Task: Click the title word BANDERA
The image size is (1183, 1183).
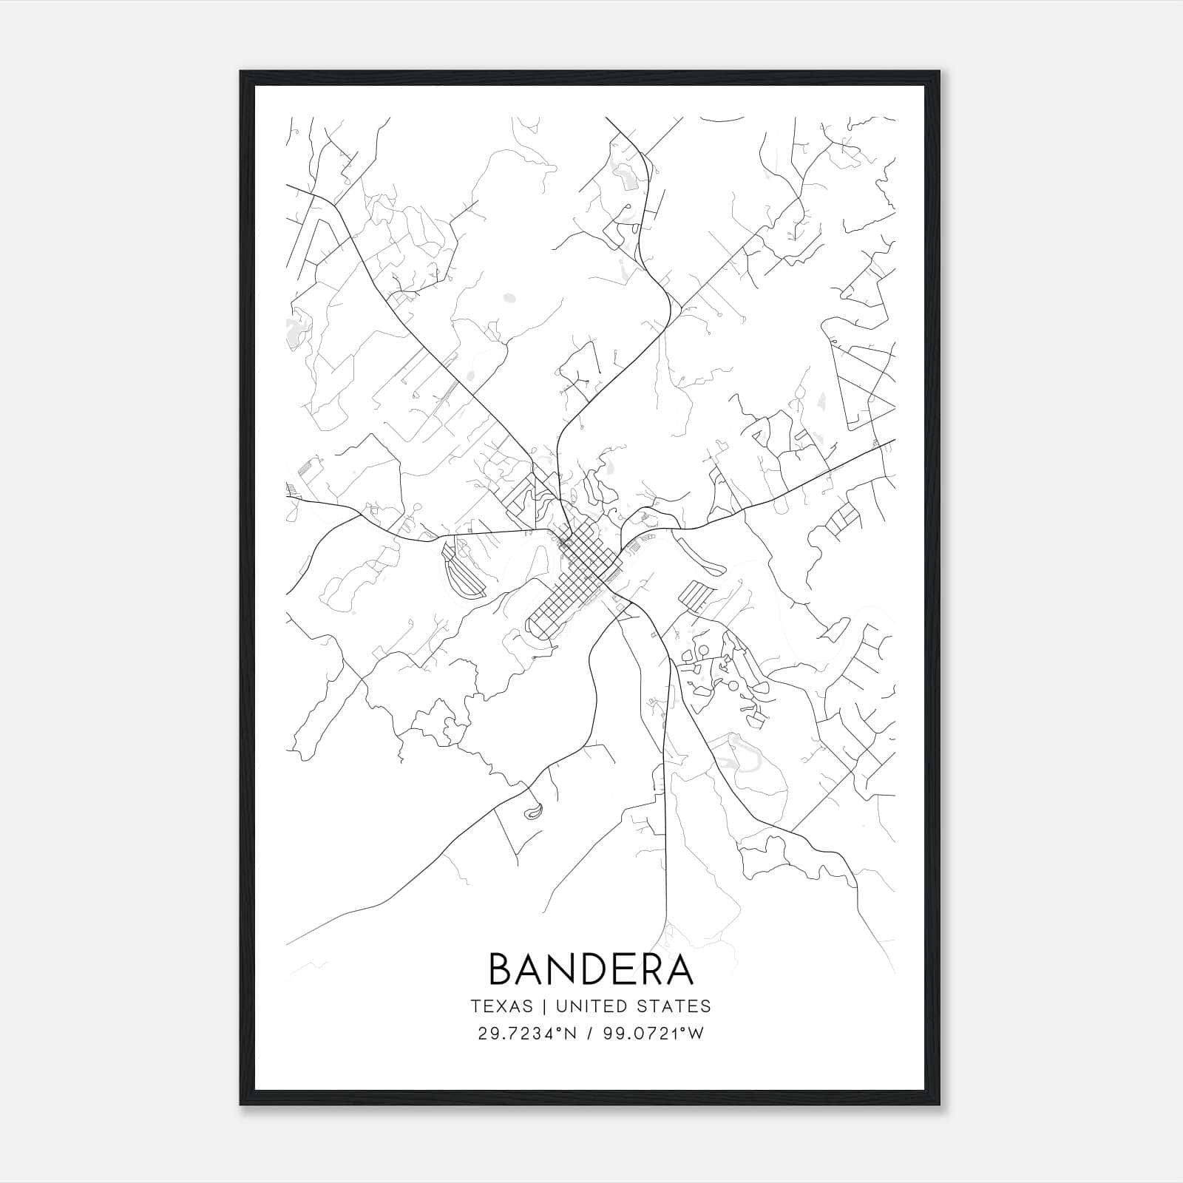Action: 591,969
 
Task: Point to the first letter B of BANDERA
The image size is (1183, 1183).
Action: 501,969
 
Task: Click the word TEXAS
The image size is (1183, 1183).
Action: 501,1006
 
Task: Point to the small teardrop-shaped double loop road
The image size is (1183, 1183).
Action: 532,810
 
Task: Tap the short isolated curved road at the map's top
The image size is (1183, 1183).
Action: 721,119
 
